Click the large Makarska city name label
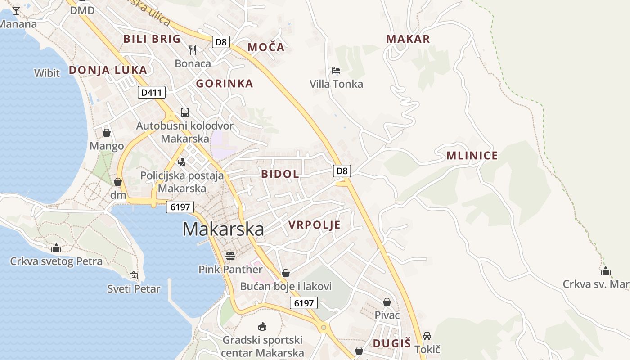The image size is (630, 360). [x=223, y=229]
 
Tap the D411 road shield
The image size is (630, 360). [x=152, y=93]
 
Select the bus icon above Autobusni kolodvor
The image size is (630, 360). [x=185, y=112]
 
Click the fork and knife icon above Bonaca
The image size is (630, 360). [x=193, y=49]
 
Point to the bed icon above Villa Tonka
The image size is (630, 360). [x=336, y=71]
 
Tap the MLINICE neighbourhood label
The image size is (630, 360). [x=472, y=156]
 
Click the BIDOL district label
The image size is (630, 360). [x=280, y=174]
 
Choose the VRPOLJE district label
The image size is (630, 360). [x=315, y=225]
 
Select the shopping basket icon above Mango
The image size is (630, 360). [x=107, y=133]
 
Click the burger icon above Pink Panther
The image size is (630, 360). [x=230, y=256]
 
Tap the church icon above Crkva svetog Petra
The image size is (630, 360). [x=56, y=248]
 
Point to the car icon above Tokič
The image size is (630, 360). [x=427, y=336]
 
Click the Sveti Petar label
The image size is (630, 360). [x=134, y=288]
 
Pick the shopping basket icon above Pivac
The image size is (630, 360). [x=387, y=302]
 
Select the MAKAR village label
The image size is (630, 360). [x=408, y=39]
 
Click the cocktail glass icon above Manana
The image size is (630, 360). [x=16, y=10]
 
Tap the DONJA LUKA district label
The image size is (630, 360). [x=108, y=70]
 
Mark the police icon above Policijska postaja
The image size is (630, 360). [x=182, y=162]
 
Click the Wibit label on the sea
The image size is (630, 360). [x=47, y=72]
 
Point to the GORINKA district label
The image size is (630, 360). [x=225, y=83]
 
